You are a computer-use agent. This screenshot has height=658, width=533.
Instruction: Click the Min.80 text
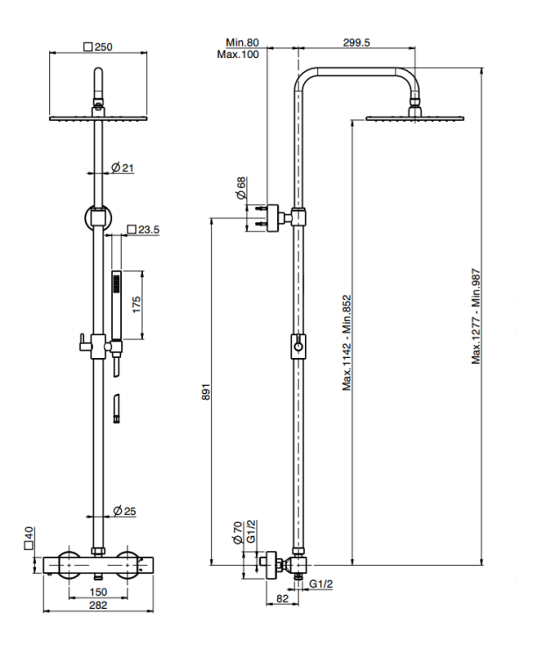pyautogui.click(x=240, y=41)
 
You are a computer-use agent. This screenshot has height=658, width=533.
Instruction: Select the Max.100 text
pyautogui.click(x=238, y=54)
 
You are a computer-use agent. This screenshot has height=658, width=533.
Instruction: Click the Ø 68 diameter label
pyautogui.click(x=242, y=189)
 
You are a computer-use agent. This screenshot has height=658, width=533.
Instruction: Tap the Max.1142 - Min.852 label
pyautogui.click(x=347, y=343)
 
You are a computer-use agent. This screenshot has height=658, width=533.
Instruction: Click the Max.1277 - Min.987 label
pyautogui.click(x=477, y=316)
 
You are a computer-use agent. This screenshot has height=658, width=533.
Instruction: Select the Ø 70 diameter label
pyautogui.click(x=238, y=533)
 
